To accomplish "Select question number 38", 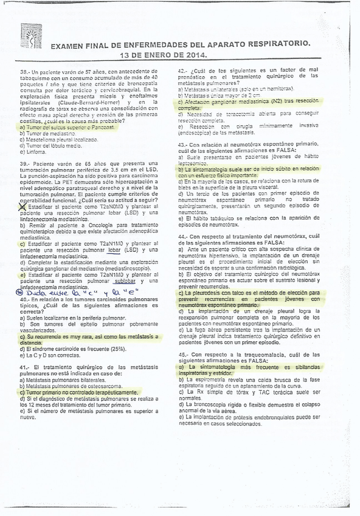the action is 24,72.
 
